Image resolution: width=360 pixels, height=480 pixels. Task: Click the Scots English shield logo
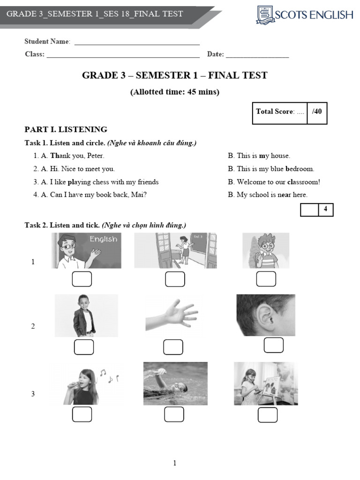pos(264,15)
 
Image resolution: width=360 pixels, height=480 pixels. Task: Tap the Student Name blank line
pos(137,45)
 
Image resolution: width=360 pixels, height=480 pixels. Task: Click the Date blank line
pos(257,57)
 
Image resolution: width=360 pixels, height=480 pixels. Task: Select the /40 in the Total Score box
pos(317,112)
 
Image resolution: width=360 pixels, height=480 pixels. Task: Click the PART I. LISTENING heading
pos(66,129)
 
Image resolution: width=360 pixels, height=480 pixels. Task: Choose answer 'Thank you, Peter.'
pos(77,156)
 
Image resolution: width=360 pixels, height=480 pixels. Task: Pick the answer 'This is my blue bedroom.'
pos(276,169)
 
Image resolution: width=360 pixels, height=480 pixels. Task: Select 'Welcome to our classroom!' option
pos(278,182)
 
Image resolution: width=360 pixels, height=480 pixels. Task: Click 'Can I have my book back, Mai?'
pos(98,195)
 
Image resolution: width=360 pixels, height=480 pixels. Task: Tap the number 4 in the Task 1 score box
pos(325,209)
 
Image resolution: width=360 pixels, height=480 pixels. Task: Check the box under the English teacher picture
pos(82,279)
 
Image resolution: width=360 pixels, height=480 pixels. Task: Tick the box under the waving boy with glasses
pos(266,279)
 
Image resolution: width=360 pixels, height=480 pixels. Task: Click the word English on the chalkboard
pos(104,239)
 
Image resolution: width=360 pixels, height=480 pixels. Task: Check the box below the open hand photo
pos(173,347)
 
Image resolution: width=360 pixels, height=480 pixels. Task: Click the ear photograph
pos(266,315)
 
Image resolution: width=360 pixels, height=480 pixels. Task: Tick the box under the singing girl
pos(82,414)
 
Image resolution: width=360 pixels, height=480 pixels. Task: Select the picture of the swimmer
pos(175,383)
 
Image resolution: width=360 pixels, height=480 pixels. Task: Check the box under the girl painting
pos(268,415)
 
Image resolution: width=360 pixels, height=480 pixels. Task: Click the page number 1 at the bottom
pos(175,463)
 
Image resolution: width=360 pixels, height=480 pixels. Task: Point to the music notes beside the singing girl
pos(109,376)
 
